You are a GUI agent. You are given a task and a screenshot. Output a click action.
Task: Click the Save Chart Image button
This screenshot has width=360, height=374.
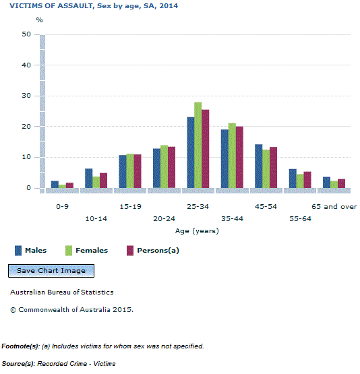51,271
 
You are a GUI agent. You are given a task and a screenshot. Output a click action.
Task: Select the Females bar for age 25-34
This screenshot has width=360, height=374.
198,145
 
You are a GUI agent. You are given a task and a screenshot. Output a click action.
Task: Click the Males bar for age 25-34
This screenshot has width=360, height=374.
190,152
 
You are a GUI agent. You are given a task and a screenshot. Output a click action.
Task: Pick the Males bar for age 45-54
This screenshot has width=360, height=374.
258,166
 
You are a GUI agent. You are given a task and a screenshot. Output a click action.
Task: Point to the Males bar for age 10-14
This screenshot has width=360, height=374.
88,178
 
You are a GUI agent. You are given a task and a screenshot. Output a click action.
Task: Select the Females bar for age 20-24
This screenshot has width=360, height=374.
164,166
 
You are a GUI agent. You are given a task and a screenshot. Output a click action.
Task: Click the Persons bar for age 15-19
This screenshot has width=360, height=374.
138,171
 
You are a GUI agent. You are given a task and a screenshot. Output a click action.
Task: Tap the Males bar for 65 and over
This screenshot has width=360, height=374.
326,182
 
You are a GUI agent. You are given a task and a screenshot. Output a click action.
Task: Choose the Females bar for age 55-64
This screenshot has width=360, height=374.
300,181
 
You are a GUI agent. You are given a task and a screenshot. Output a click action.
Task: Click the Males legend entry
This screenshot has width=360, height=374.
30,251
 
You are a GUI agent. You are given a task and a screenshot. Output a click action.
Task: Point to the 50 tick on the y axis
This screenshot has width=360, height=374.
26,34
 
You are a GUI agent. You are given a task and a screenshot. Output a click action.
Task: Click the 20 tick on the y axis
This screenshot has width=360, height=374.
26,127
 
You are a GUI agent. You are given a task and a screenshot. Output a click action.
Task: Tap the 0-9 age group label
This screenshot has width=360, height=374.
62,207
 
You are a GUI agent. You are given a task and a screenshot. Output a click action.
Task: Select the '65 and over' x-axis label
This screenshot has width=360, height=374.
334,207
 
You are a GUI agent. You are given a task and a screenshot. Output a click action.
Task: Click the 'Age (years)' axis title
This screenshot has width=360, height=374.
197,231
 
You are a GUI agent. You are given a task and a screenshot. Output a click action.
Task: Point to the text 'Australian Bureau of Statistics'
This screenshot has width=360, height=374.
62,292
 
